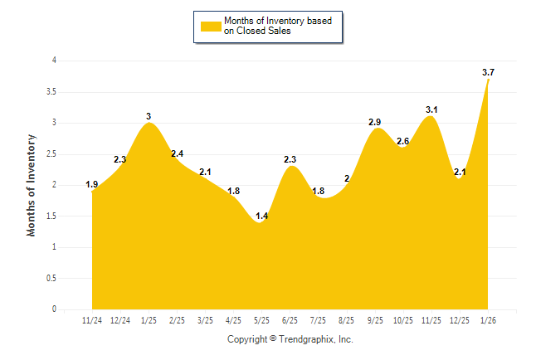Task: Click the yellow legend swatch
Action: (209, 26)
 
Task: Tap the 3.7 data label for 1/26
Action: (488, 73)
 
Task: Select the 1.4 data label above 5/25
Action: (261, 216)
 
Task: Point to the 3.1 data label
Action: (431, 109)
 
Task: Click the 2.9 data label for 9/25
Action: (375, 123)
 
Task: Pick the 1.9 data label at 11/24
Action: (92, 184)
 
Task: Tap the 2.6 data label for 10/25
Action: (403, 142)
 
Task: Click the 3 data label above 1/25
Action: (149, 116)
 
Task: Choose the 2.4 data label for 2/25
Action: (178, 153)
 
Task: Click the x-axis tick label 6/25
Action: (290, 319)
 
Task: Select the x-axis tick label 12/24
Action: (120, 319)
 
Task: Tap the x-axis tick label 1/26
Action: (488, 319)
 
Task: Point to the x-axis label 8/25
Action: (347, 319)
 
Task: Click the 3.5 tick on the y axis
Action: (52, 91)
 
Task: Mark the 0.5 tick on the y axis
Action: (52, 278)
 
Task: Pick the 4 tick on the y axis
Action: (54, 61)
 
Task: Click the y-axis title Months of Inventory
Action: (32, 185)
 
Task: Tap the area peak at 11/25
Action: (429, 118)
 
